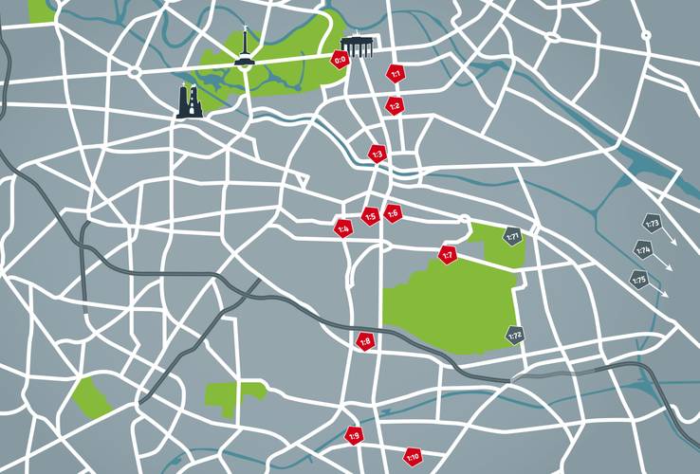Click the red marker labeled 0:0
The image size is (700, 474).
pos(340,61)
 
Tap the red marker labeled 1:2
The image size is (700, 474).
pos(394,105)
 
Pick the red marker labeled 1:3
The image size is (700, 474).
pos(377,154)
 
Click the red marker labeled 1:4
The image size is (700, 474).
pos(343,228)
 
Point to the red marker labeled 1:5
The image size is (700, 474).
pos(371,216)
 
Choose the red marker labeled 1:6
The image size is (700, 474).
pos(393,212)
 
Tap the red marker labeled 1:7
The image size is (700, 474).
pos(448,254)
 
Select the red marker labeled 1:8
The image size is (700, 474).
pos(365,341)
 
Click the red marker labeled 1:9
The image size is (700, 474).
pos(354,436)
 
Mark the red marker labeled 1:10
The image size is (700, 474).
pos(413,457)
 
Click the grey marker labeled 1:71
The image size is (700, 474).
pos(513,235)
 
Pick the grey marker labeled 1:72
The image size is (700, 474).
pos(514,336)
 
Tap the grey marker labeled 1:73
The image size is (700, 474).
pos(652,224)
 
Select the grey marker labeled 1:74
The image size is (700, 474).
pos(643,251)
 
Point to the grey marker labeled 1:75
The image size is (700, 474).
pos(638,280)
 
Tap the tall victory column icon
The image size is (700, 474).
pos(245,47)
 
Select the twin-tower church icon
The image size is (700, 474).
pos(190,100)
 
